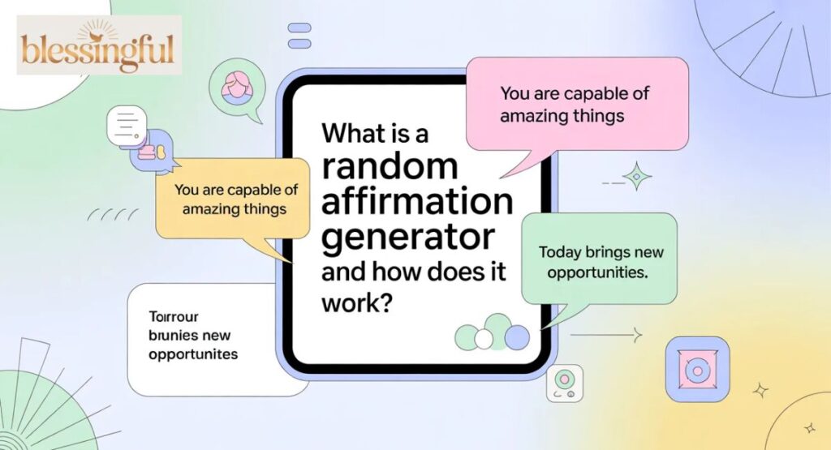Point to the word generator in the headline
click(x=408, y=238)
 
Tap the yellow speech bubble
click(x=233, y=199)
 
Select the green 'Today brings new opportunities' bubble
click(x=598, y=262)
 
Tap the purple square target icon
click(x=696, y=369)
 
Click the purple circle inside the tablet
click(x=517, y=336)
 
